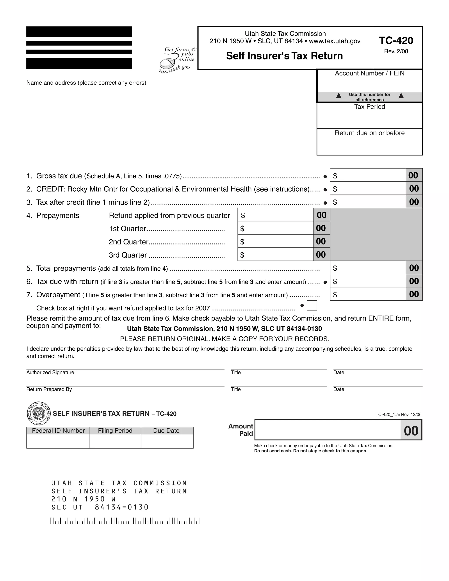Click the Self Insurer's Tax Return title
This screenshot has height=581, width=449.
[x=284, y=56]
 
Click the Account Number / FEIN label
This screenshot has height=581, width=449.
[x=369, y=73]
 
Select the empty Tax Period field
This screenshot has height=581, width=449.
[x=369, y=119]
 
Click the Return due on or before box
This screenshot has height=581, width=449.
[x=369, y=145]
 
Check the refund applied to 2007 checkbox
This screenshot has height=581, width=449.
[x=312, y=305]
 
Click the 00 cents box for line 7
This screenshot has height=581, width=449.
[x=414, y=294]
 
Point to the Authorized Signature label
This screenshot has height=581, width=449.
[x=50, y=372]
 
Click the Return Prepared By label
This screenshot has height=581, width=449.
[x=49, y=389]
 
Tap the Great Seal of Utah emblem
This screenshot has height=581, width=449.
[x=39, y=413]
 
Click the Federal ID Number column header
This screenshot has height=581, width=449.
[x=58, y=431]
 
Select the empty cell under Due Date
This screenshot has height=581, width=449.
[x=167, y=441]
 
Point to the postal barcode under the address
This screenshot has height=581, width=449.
[x=125, y=521]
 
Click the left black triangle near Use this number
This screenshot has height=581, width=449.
[x=339, y=96]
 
